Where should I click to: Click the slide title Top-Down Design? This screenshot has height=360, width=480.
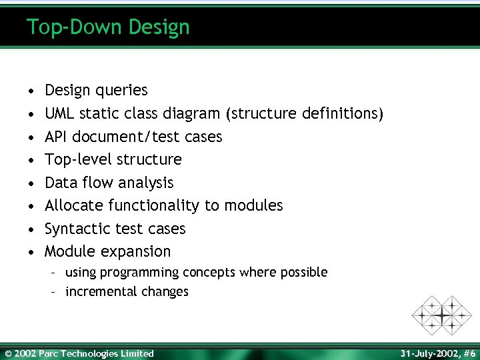tap(108, 27)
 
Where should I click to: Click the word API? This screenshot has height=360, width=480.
tap(56, 137)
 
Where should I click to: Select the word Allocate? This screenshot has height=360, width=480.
tap(74, 205)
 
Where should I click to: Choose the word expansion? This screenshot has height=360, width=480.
tap(135, 251)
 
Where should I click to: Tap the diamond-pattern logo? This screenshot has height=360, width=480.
tap(441, 315)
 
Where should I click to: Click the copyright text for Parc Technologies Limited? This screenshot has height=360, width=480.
tap(79, 353)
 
